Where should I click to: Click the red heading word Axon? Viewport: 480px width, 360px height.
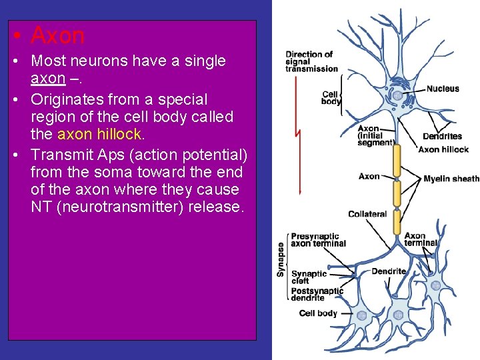coord(57,35)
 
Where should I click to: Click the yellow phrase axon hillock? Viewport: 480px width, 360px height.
coord(100,134)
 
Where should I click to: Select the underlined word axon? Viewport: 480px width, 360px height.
coord(48,79)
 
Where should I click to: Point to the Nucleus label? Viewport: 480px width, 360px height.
coord(443,89)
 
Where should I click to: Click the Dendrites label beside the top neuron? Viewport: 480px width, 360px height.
coord(442,137)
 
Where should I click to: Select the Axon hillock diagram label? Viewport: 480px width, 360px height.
coord(443,149)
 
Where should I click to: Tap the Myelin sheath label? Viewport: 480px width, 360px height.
coord(451,179)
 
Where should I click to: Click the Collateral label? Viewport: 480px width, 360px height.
coord(367,214)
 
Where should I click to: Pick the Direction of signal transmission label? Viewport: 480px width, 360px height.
coord(311,61)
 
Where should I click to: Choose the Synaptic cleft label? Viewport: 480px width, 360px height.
coord(309,277)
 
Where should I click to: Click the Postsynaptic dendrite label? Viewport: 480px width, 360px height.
coord(317,294)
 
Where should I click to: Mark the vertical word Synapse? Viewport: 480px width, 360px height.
coord(281,259)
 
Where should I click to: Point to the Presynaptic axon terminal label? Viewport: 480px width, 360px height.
coord(318,239)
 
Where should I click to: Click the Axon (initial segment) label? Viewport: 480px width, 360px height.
coord(375,135)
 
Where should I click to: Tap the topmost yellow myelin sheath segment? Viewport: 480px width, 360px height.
coord(397,162)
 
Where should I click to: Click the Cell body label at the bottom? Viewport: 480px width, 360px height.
coord(318,313)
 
